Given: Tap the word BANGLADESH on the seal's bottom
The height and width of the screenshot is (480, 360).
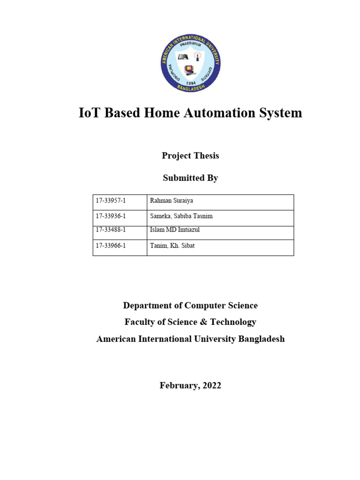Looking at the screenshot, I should tap(190, 87).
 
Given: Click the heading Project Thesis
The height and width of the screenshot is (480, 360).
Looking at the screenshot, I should tap(190, 156).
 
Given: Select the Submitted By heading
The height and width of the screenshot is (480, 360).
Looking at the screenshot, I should tap(190, 178).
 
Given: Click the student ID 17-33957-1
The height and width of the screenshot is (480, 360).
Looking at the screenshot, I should tap(111, 201).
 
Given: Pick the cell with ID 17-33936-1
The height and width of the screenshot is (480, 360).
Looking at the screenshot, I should tap(111, 216).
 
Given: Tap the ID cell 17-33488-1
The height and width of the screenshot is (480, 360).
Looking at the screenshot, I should tap(111, 230).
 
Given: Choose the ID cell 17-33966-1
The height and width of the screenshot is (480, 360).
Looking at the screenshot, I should tap(111, 245).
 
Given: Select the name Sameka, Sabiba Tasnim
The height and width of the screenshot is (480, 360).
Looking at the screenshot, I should tap(181, 216).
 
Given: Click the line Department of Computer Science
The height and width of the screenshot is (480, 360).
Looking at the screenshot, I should tap(190, 306).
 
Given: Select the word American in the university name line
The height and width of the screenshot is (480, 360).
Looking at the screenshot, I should tap(115, 339).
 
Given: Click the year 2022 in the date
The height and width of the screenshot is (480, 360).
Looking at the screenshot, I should tap(212, 386).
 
